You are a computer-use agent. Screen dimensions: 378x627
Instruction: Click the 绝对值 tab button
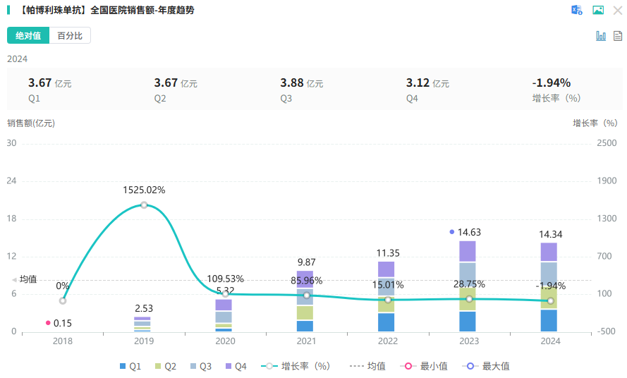(28, 36)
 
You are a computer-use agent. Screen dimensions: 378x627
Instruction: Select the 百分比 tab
(70, 36)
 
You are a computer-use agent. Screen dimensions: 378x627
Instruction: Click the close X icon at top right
(618, 10)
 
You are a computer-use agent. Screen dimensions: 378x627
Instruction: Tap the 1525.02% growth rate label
(144, 190)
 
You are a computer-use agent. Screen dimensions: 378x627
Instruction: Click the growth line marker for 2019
(144, 205)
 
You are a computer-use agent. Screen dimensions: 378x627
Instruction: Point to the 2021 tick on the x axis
(306, 341)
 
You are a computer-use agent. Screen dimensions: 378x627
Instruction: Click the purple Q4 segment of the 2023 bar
(468, 251)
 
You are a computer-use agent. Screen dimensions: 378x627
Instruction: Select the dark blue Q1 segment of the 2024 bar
(549, 320)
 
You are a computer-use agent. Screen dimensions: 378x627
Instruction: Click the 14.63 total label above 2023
(469, 232)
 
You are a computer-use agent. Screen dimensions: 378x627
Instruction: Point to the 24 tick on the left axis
(12, 181)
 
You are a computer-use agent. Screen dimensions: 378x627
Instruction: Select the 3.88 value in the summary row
(292, 83)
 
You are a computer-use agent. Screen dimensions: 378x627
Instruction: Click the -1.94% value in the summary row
(551, 83)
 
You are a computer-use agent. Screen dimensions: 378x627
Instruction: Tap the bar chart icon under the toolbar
(601, 36)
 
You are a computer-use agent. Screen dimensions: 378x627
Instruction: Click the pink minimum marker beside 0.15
(48, 323)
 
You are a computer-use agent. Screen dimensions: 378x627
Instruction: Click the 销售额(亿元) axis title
(31, 123)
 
